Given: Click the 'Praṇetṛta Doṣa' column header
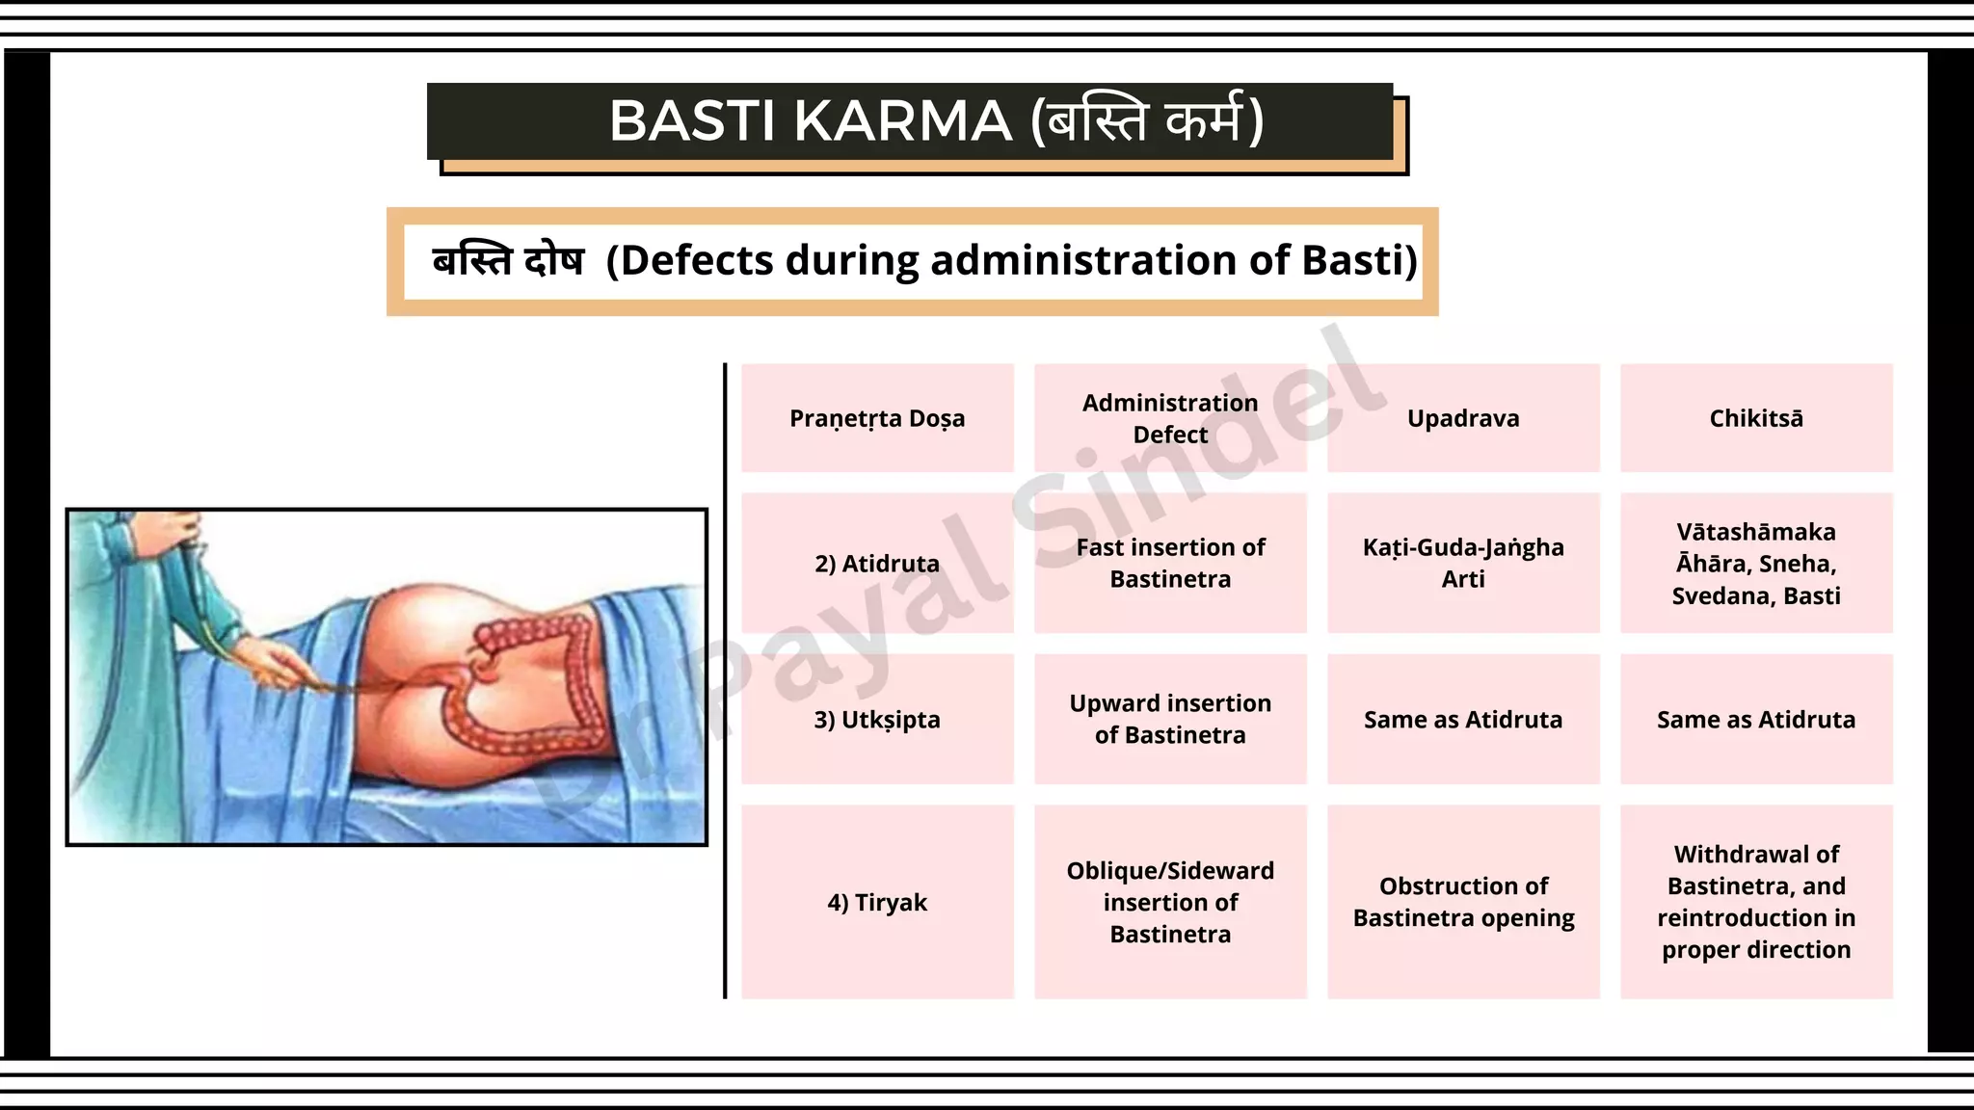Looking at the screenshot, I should click(877, 418).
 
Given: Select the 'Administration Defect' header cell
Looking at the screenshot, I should click(1170, 418).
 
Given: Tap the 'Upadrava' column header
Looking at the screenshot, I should click(1463, 418).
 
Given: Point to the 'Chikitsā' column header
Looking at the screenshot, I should click(1756, 418).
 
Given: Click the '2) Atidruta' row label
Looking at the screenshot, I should click(877, 564).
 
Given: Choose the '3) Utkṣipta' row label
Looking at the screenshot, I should click(877, 720).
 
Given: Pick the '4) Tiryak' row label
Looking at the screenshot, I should click(877, 903).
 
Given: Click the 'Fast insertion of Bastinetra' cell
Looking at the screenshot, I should click(1170, 564).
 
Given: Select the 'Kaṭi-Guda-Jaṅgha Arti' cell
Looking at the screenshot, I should click(1463, 564).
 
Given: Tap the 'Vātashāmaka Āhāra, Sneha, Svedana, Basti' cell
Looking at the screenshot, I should click(1756, 564).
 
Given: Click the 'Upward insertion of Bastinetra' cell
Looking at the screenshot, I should click(1170, 720).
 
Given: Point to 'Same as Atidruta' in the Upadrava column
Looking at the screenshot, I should click(1463, 720).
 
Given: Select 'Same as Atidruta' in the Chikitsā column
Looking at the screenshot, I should click(1756, 720).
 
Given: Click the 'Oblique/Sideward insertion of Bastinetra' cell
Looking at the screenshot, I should click(1170, 903).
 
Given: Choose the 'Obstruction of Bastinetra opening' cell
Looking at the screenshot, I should click(1463, 903).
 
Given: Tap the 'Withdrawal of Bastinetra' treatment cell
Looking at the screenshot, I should click(1756, 903).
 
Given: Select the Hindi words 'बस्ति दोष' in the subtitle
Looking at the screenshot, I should click(508, 261).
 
